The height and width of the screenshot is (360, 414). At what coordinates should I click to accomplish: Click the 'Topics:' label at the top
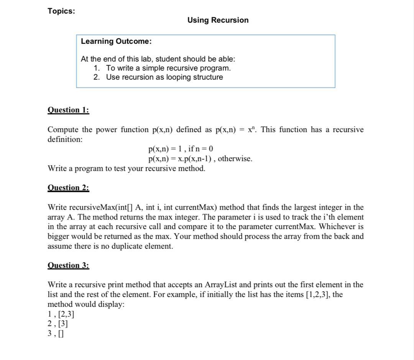(x=61, y=11)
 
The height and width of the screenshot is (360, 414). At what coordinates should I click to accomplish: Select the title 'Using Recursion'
(x=218, y=20)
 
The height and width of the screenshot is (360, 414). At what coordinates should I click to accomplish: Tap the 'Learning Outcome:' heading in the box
(x=116, y=41)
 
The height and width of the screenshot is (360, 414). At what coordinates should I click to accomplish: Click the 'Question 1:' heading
(x=68, y=110)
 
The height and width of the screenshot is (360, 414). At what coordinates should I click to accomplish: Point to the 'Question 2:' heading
(x=68, y=188)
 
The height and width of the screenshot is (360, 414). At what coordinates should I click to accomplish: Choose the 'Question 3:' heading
(x=68, y=265)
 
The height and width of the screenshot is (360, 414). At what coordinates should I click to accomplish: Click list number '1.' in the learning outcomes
(x=97, y=68)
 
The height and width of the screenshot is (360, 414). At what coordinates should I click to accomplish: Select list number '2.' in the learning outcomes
(x=97, y=77)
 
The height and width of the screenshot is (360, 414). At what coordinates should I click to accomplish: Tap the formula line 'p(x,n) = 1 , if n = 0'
(x=181, y=149)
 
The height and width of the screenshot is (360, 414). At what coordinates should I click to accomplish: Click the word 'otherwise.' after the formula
(x=235, y=159)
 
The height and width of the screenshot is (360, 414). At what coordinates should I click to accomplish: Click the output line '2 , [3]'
(x=58, y=324)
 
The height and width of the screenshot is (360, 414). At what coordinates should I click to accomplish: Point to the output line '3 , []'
(x=56, y=334)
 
